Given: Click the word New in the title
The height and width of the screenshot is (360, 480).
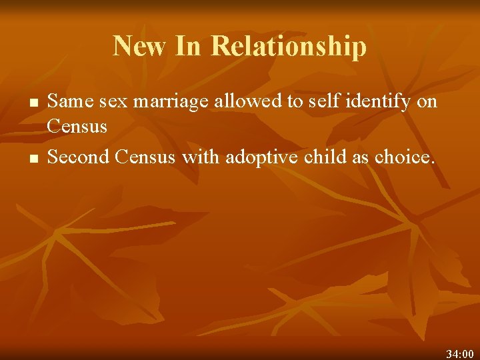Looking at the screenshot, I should pos(140,47).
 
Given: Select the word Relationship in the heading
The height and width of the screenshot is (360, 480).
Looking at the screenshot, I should pos(289,47).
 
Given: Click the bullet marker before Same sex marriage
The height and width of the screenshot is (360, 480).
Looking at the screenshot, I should pos(33,104).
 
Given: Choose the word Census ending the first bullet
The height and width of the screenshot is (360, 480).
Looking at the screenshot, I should pos(77,126).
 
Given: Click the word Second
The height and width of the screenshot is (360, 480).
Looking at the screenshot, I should pos(79,158).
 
